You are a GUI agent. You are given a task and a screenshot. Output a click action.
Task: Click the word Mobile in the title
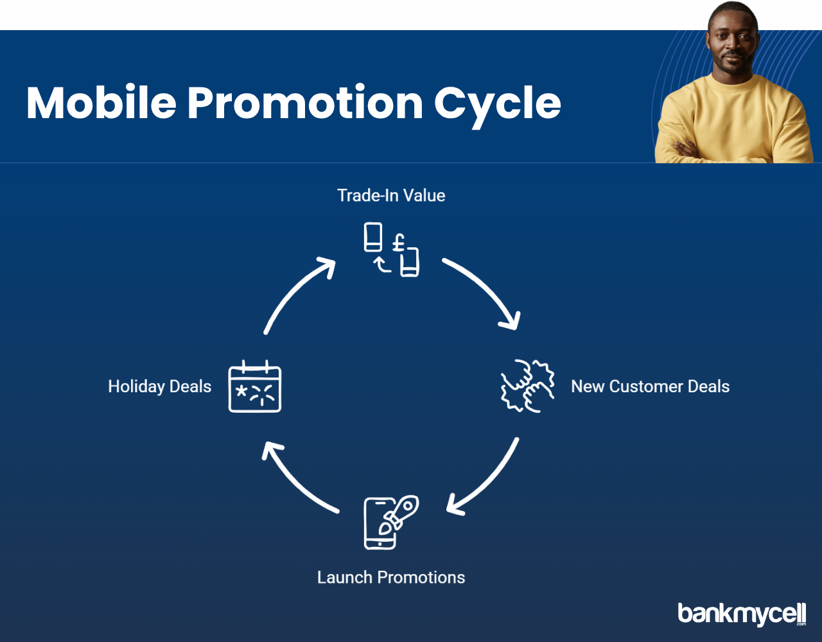click(101, 102)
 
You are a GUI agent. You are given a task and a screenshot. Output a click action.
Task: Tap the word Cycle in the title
click(498, 106)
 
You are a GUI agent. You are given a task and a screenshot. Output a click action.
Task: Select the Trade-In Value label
click(391, 195)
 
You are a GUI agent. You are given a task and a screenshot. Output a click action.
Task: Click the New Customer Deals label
click(651, 386)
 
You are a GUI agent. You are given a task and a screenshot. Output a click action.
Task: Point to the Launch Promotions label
click(391, 577)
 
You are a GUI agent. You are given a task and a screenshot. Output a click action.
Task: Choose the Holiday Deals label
click(160, 386)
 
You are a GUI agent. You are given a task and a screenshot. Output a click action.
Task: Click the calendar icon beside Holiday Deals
click(255, 386)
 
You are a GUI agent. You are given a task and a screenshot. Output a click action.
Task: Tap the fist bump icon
click(528, 386)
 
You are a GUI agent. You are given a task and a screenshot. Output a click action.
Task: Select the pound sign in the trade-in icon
click(398, 243)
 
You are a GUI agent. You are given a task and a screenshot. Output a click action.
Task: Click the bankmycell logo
click(742, 614)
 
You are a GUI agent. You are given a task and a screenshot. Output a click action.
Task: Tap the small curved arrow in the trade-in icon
click(381, 265)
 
